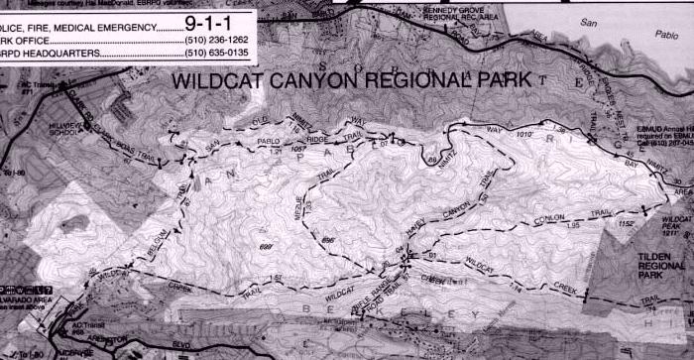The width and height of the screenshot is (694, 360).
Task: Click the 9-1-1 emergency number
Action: (220, 20)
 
